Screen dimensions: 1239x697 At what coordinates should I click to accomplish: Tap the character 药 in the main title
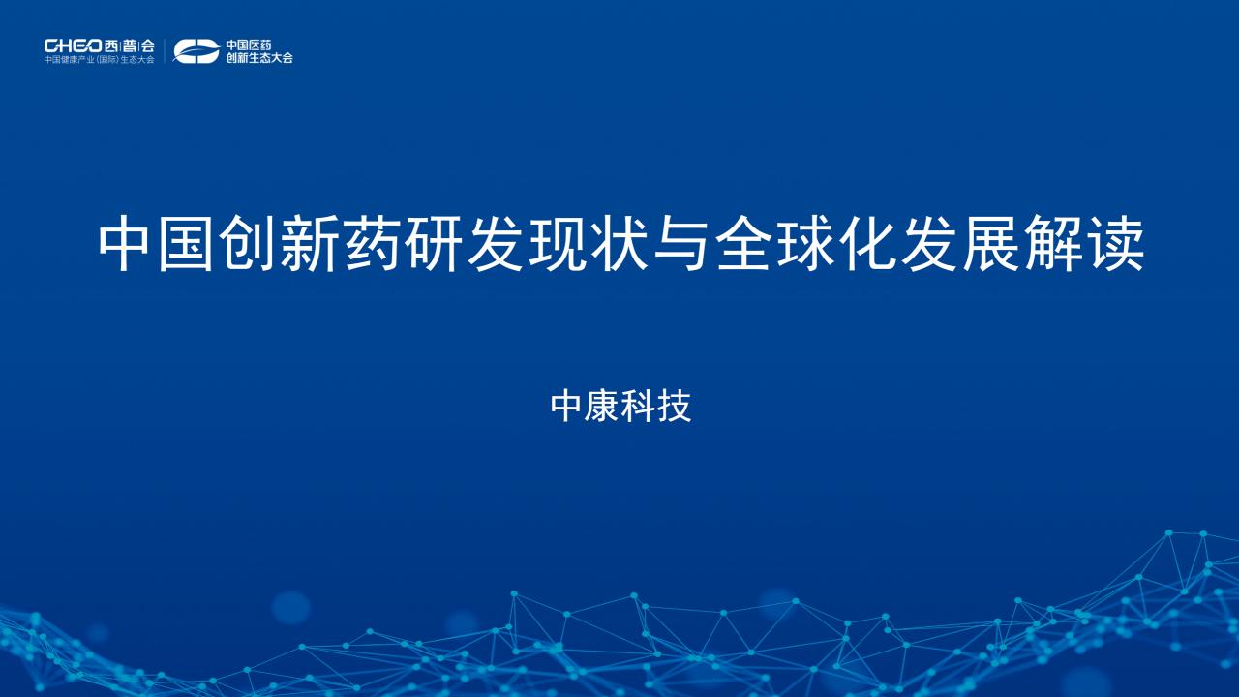pos(372,244)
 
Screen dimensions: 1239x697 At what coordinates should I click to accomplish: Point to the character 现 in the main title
pos(558,244)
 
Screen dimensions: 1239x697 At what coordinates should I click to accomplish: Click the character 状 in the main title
pos(619,244)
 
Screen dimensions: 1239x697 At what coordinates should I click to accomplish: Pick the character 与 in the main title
pos(681,244)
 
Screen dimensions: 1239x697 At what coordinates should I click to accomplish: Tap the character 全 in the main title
pos(743,244)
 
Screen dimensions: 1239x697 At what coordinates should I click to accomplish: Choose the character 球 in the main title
pos(805,244)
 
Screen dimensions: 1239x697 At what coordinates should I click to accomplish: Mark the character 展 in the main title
pos(991,244)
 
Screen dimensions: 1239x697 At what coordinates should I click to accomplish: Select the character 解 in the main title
pos(1053,244)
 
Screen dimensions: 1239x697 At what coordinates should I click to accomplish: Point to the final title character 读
pos(1115,244)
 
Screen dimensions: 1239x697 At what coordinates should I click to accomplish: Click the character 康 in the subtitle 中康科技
pos(602,407)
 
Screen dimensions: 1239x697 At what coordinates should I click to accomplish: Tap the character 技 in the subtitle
pos(675,407)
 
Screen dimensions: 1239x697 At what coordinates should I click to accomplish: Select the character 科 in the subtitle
pos(638,407)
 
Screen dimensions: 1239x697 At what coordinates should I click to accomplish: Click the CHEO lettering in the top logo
pos(73,45)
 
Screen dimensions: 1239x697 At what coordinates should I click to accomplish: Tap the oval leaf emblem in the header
pos(196,51)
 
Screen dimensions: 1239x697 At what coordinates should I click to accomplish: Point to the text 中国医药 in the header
pos(249,45)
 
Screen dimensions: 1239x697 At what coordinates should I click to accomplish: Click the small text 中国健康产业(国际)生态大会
pos(100,60)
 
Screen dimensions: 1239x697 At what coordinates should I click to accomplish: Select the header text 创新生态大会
pos(258,57)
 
